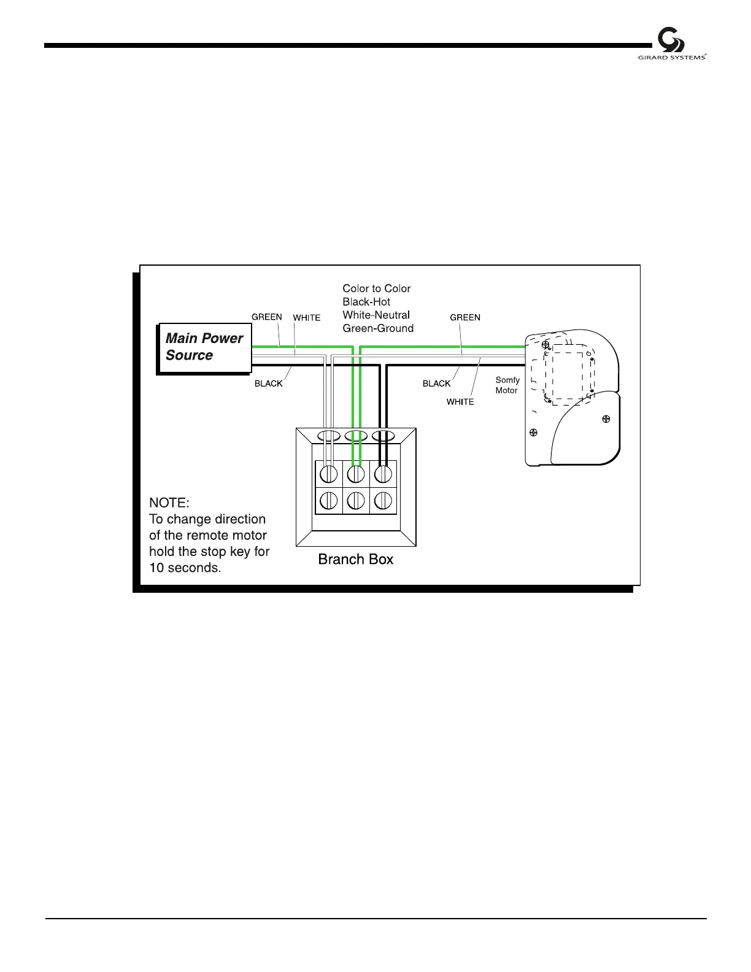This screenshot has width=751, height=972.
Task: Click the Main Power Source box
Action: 204,347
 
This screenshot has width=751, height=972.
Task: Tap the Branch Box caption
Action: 355,559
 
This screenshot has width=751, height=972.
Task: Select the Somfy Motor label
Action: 507,385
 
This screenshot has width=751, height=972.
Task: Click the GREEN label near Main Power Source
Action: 267,317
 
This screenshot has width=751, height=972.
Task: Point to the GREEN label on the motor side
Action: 465,318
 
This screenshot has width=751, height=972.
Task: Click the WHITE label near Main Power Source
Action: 307,318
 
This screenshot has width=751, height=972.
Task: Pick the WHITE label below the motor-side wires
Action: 460,402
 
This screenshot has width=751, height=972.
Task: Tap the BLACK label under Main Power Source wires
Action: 269,384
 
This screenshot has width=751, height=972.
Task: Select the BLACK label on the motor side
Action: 436,384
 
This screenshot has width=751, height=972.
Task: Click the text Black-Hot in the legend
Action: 366,302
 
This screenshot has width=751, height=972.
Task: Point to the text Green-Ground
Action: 378,328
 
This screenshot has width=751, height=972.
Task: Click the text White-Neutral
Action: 376,315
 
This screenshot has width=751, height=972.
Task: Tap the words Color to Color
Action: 376,288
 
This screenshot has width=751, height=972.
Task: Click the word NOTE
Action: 169,503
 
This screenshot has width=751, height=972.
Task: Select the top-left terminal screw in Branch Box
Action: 329,474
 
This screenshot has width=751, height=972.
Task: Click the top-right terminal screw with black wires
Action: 383,474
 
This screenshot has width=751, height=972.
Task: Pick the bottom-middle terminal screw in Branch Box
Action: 356,501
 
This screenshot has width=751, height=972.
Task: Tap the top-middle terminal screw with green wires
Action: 356,474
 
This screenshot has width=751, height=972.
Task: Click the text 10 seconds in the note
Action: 184,568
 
